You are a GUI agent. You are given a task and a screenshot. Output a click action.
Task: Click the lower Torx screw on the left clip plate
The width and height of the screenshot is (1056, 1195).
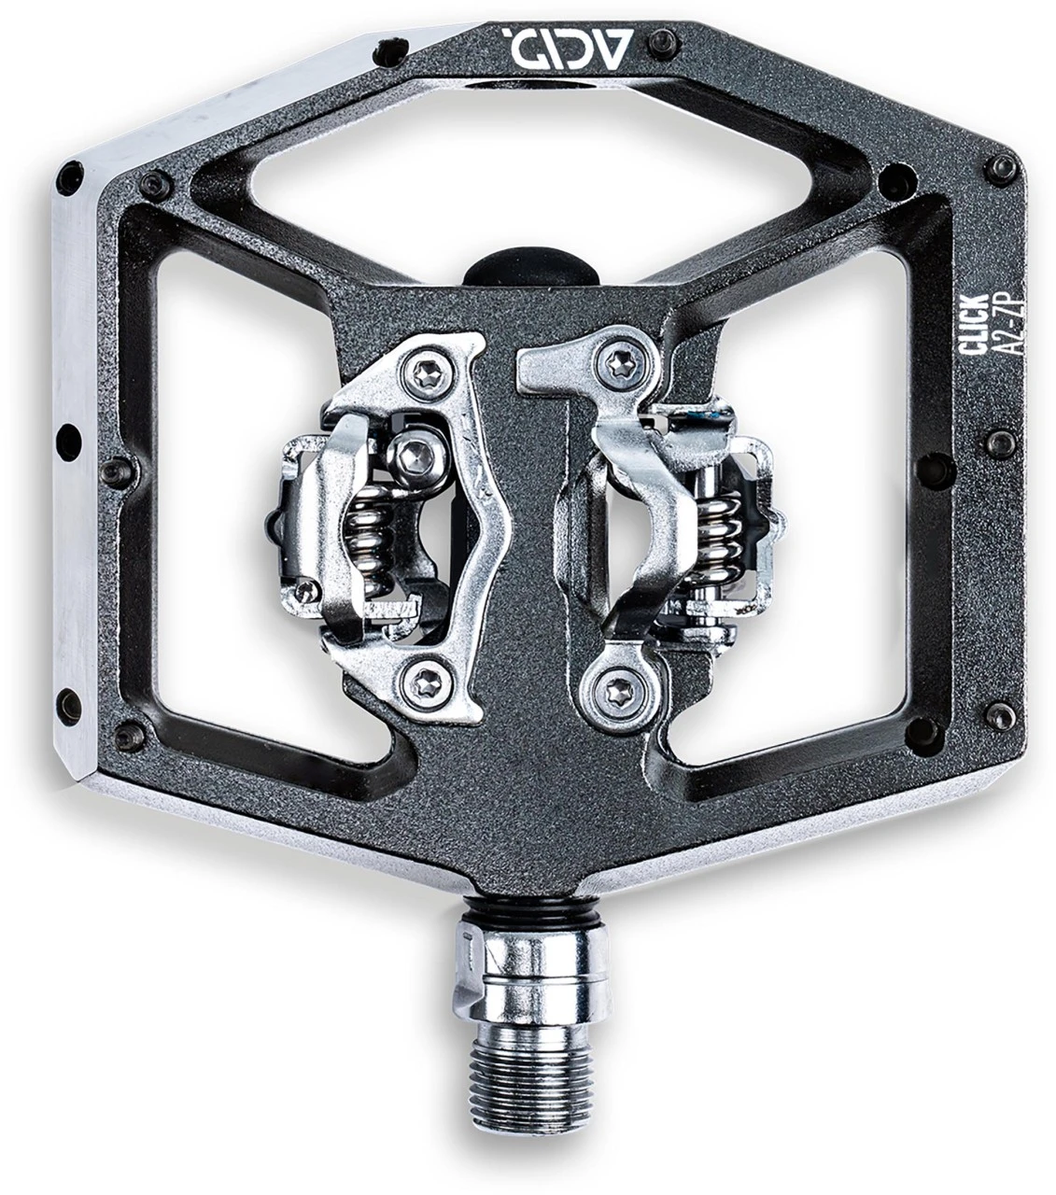(x=425, y=685)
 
